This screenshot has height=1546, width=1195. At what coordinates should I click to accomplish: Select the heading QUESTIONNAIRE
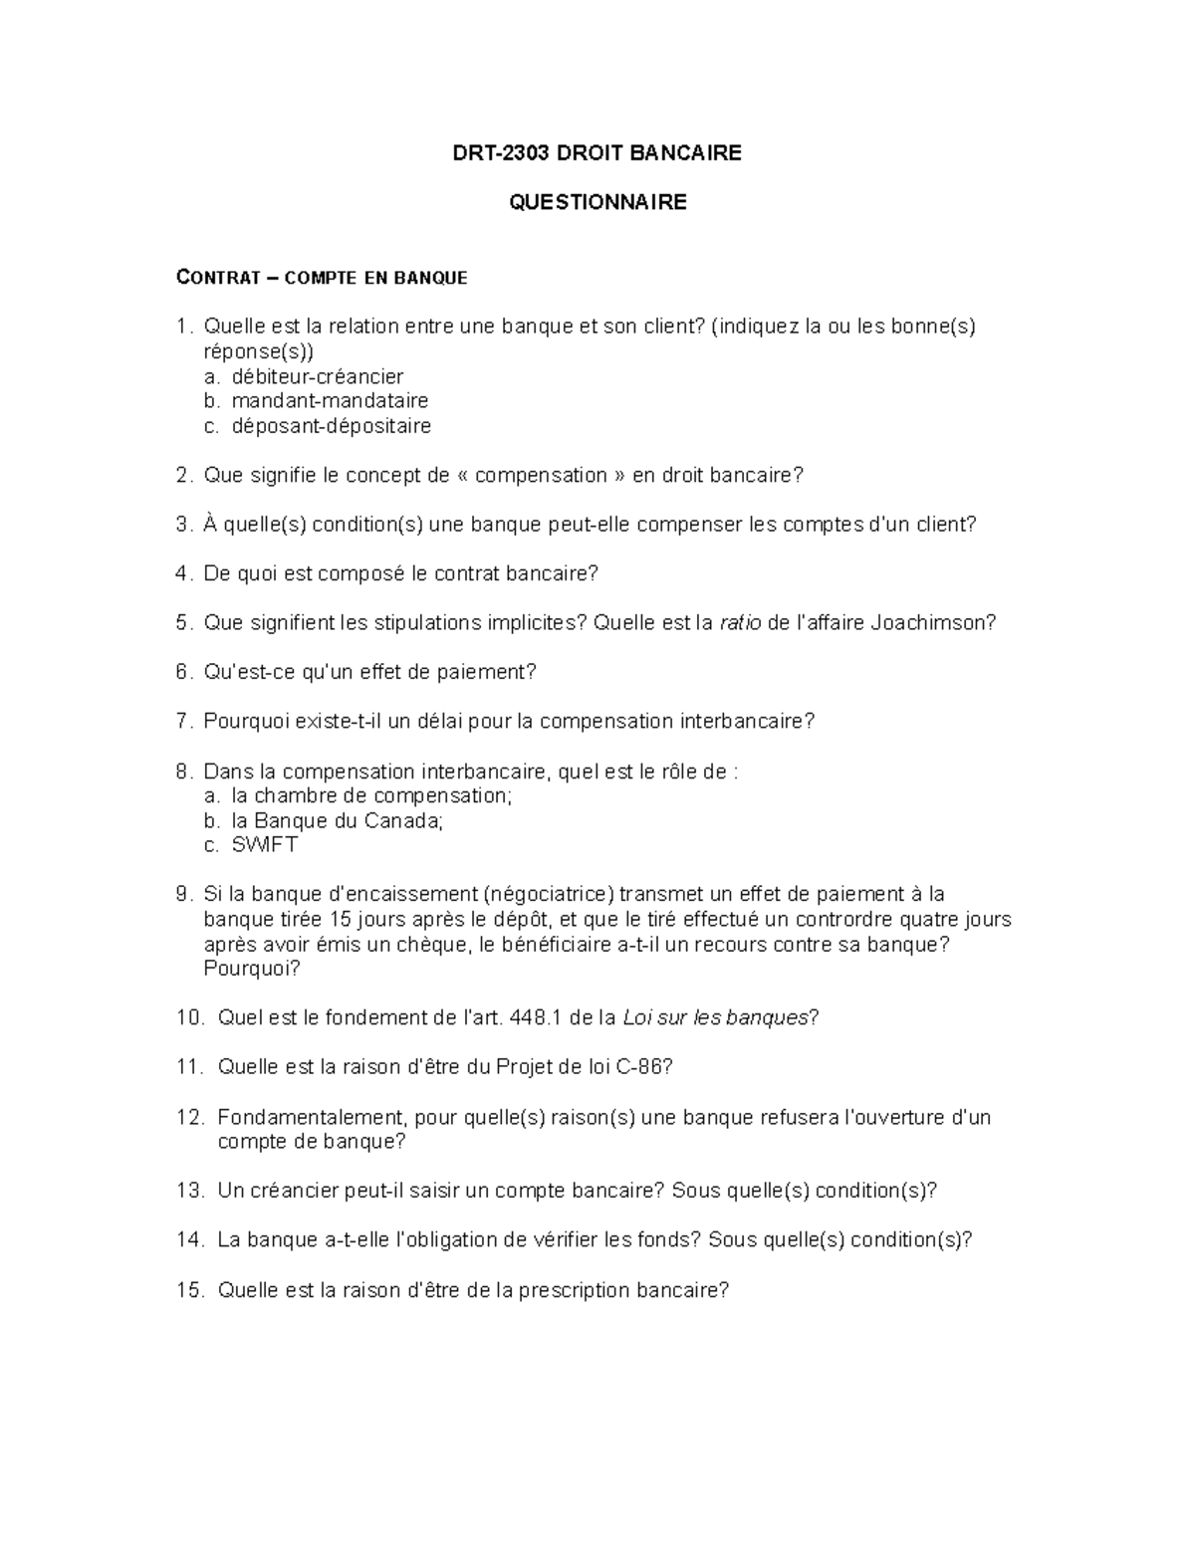[x=597, y=203]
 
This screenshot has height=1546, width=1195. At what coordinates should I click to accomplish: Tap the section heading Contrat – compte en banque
[x=321, y=278]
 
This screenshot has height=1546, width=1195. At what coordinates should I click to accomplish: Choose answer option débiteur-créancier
[x=317, y=376]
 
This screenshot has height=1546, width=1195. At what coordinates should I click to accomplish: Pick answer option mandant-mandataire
[x=330, y=401]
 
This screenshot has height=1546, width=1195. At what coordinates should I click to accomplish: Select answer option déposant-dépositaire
[x=331, y=426]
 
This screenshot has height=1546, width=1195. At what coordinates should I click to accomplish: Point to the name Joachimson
[x=932, y=623]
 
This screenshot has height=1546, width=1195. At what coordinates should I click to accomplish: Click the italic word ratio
[x=740, y=623]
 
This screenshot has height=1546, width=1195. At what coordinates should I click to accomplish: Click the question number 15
[x=189, y=1290]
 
